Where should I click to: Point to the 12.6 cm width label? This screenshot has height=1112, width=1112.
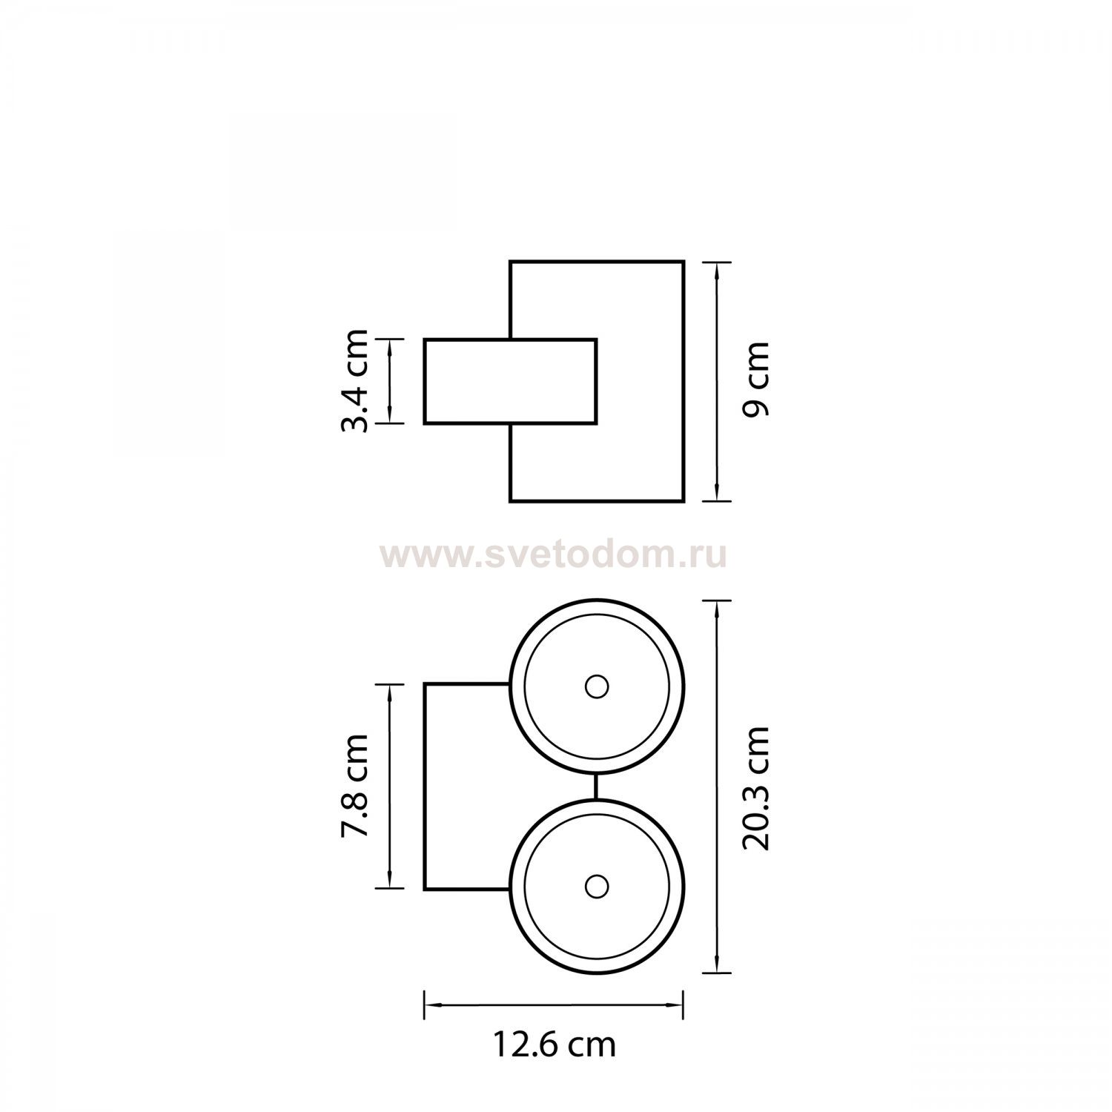click(555, 1045)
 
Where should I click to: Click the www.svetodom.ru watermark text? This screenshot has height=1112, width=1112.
click(554, 555)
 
